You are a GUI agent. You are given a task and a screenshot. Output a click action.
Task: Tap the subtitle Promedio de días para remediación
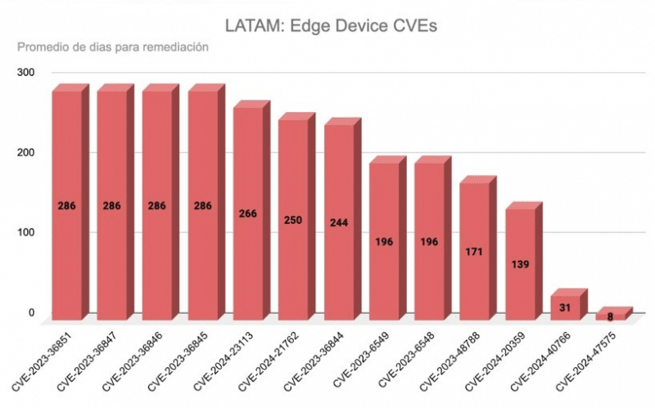coord(112,47)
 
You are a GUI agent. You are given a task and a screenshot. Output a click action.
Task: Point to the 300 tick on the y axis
coord(27,73)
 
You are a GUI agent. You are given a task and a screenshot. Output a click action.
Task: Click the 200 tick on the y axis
coord(27,153)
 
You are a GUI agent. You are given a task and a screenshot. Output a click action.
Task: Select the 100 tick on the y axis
coord(27,233)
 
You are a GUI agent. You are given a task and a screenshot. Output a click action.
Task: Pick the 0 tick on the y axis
coord(32,312)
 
